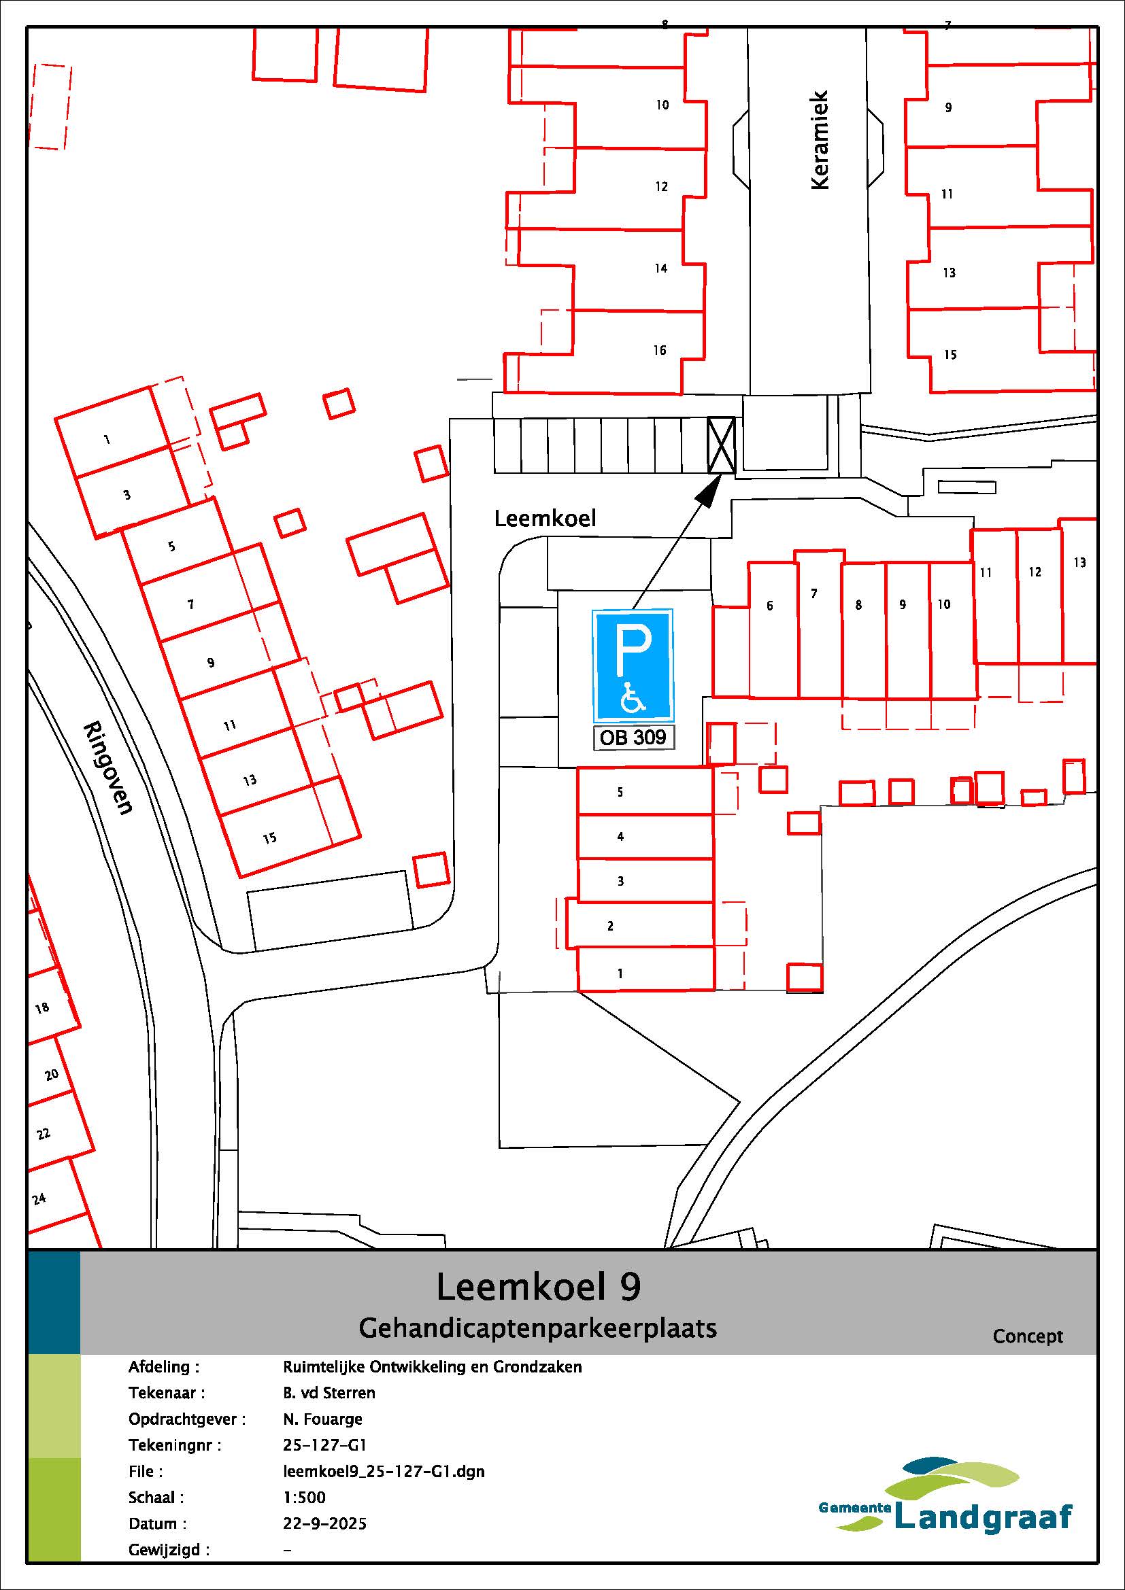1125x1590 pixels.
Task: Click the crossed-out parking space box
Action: click(x=720, y=445)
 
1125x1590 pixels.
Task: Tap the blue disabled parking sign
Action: click(x=633, y=666)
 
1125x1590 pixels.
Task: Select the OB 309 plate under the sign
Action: click(x=633, y=737)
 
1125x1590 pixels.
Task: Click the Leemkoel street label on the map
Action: click(x=545, y=518)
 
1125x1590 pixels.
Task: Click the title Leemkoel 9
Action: click(x=538, y=1287)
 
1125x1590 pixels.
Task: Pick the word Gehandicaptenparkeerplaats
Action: click(x=537, y=1328)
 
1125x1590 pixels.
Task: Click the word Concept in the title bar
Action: click(x=1027, y=1336)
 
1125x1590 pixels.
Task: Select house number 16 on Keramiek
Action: click(x=660, y=350)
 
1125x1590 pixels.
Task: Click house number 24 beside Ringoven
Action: click(x=39, y=1197)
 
